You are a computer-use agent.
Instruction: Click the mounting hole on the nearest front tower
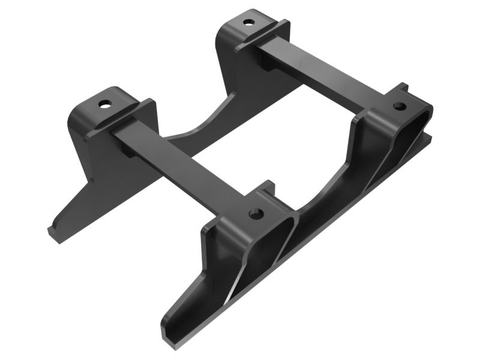(x=255, y=214)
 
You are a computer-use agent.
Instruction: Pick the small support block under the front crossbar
(x=129, y=150)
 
